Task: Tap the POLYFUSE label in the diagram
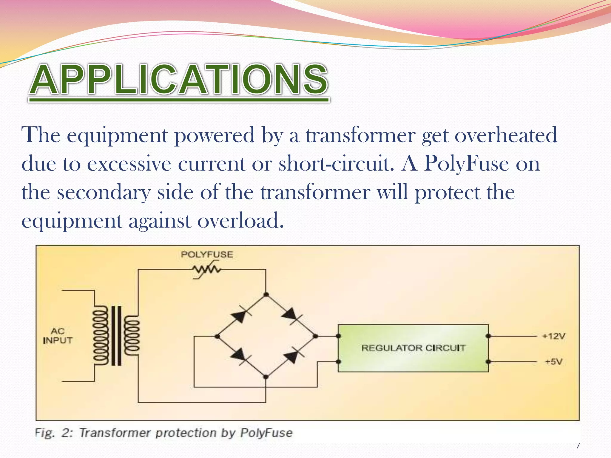coord(207,254)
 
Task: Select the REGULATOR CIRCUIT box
coord(413,348)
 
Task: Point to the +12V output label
coord(553,336)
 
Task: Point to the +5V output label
coord(553,362)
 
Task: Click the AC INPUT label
coord(58,336)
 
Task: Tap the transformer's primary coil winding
coord(100,335)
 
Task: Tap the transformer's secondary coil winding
coord(132,335)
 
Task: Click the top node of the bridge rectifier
coord(266,295)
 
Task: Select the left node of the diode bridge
coord(217,336)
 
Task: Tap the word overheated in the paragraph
coord(506,135)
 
